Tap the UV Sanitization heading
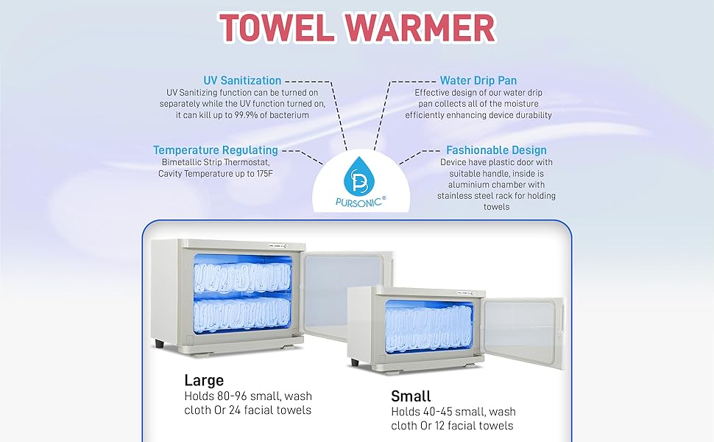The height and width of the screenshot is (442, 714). (242, 80)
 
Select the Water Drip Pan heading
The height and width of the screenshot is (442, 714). (478, 80)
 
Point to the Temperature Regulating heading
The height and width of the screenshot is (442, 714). (216, 150)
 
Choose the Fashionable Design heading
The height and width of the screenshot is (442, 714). (496, 150)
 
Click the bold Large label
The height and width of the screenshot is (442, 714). (204, 381)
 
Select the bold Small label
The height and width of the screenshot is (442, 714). (411, 396)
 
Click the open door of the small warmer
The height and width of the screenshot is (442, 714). (523, 331)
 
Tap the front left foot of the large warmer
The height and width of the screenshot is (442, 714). (160, 343)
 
